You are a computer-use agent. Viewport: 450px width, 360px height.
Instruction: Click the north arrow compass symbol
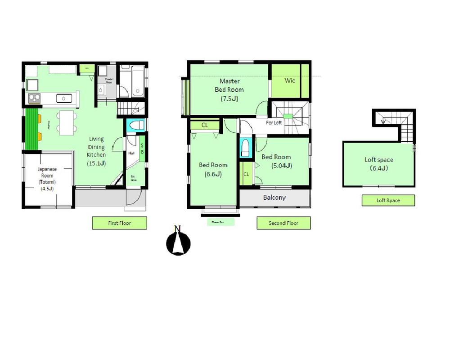tap(178, 242)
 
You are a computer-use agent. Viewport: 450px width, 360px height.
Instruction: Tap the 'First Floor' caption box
tap(119, 223)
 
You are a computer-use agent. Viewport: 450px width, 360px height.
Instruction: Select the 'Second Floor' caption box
tap(283, 223)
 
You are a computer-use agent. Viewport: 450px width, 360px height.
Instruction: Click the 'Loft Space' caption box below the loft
tap(388, 200)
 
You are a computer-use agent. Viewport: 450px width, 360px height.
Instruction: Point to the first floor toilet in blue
tap(135, 125)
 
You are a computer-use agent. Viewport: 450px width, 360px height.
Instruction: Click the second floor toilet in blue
tap(245, 148)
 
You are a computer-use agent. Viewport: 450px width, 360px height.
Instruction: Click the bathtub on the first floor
tap(133, 82)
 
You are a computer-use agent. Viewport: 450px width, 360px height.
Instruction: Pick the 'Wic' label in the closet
tap(290, 81)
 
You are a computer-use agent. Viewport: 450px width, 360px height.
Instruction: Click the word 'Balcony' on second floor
tap(274, 198)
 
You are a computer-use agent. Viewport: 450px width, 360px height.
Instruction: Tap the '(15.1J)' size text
tap(96, 163)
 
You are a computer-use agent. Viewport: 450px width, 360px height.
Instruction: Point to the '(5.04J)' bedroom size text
tap(282, 166)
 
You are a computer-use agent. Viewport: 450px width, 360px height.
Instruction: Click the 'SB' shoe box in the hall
tap(142, 148)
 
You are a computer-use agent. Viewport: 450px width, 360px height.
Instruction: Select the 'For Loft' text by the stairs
tap(274, 122)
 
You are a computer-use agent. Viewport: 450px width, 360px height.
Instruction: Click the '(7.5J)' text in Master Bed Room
tap(229, 99)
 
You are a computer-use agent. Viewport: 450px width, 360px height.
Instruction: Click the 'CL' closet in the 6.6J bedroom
tap(205, 125)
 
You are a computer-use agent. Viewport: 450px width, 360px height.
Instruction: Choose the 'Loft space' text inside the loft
tap(378, 160)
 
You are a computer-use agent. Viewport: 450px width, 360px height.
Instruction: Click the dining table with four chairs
tap(67, 122)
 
